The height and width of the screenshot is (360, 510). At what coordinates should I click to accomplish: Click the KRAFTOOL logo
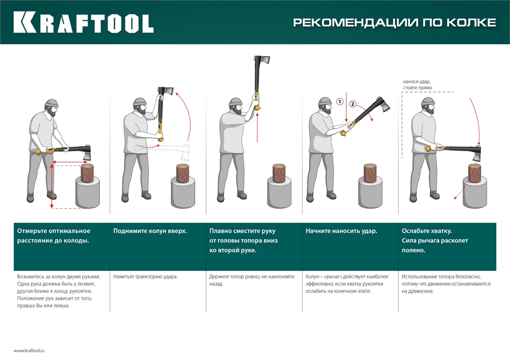(x=83, y=22)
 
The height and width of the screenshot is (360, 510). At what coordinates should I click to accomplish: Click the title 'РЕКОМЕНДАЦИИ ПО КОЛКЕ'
(x=394, y=22)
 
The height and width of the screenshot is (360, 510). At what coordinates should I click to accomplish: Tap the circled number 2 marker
(x=352, y=105)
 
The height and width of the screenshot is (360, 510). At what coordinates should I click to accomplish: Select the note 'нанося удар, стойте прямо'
(x=417, y=85)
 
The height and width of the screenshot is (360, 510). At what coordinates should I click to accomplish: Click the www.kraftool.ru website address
(x=30, y=350)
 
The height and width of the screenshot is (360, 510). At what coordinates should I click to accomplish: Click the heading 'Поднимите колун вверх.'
(x=150, y=231)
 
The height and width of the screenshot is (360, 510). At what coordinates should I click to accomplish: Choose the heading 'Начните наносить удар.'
(x=341, y=231)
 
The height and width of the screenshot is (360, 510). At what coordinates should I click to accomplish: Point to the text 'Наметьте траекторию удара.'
(x=145, y=276)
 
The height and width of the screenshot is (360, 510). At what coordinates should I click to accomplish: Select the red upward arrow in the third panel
(x=258, y=127)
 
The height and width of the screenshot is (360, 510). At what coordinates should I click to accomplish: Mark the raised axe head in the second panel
(x=166, y=92)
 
